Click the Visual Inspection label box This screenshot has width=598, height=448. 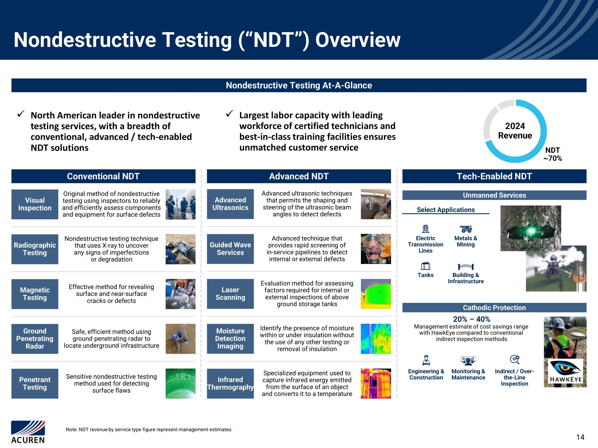point(35,204)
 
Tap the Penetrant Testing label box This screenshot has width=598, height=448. point(35,383)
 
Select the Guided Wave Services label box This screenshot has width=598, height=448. point(230,249)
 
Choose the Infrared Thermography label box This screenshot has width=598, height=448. point(230,383)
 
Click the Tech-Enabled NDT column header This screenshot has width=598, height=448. point(494,176)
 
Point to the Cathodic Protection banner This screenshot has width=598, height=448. point(494,308)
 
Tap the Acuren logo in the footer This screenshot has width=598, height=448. point(28,432)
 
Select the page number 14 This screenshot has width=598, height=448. point(580,437)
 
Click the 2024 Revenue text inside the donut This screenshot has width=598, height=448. point(515,131)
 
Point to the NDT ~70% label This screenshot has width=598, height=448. point(553,154)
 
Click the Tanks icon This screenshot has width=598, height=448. point(425,266)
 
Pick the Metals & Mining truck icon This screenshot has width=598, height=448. point(466,229)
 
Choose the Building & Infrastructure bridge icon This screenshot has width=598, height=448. point(466,267)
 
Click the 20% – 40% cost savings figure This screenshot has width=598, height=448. point(472,319)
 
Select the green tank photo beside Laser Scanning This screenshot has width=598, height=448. point(376,294)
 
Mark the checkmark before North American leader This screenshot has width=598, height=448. point(21,114)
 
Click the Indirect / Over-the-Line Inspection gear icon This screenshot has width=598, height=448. point(515,359)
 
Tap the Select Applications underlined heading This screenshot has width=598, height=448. point(446,210)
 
